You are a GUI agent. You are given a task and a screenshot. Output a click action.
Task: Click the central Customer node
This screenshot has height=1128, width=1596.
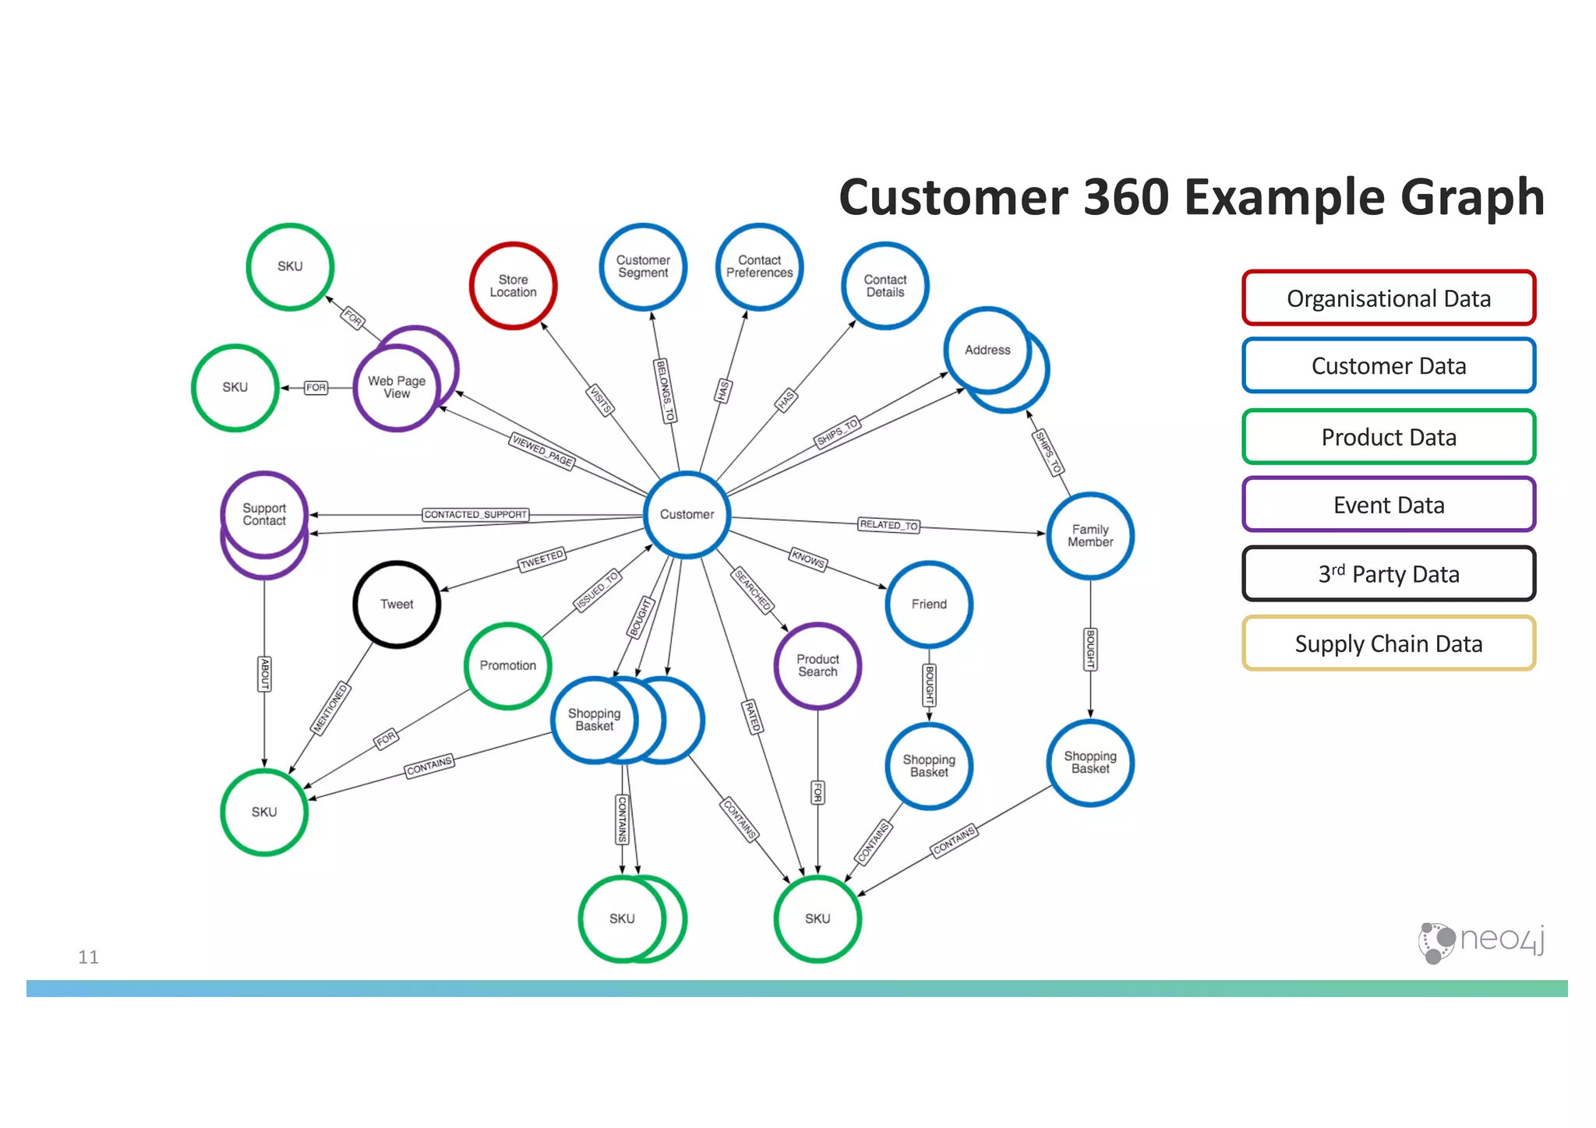coord(687,514)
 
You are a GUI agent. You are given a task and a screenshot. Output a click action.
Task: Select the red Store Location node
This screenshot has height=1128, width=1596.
coord(513,286)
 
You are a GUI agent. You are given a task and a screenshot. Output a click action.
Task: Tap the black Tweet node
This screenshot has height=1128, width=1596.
coord(397,604)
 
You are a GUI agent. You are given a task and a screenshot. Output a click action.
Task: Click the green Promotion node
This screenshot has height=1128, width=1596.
coord(508,665)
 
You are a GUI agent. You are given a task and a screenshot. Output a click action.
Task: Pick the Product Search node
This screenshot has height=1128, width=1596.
coord(817,665)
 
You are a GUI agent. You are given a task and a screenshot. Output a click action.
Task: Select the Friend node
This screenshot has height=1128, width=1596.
coord(929,604)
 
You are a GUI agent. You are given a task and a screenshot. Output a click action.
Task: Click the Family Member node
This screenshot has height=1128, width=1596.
coord(1090,535)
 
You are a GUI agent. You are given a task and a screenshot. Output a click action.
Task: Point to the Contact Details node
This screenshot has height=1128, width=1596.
coord(885,286)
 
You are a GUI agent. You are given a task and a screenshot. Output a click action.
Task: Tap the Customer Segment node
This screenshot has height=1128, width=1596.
coord(643,266)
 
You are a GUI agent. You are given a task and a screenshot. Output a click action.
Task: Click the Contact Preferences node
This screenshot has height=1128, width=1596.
coord(759,266)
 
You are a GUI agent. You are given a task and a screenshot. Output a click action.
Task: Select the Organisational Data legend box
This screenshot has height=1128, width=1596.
coord(1389,298)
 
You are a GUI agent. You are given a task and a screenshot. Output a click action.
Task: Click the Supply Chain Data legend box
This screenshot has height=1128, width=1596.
coord(1389,643)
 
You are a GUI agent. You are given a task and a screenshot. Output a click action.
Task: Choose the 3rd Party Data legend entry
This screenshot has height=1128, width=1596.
coord(1389,574)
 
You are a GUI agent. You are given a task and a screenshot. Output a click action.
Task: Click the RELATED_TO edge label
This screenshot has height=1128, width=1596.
coord(888,525)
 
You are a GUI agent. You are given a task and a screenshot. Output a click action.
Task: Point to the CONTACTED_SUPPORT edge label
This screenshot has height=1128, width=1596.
coord(475,514)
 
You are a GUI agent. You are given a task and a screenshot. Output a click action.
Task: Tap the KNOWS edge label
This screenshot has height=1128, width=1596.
coord(808,559)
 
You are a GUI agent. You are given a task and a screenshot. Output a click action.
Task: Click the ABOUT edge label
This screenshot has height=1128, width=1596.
coord(265,673)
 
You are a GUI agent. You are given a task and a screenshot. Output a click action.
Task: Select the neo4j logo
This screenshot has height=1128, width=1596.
coord(1481,941)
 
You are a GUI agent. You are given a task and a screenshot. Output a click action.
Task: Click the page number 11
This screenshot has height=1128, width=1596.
coord(88,957)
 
